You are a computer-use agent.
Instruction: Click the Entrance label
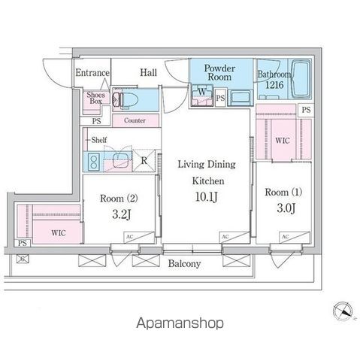pyautogui.click(x=92, y=73)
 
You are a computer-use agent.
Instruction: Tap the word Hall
pyautogui.click(x=149, y=73)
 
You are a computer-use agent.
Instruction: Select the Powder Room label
pyautogui.click(x=219, y=72)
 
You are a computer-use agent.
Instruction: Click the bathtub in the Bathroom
pyautogui.click(x=301, y=78)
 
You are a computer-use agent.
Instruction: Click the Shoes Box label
pyautogui.click(x=96, y=98)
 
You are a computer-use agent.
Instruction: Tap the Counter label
pyautogui.click(x=135, y=120)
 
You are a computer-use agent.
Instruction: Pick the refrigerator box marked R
pyautogui.click(x=144, y=161)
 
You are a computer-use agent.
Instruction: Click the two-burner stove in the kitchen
pyautogui.click(x=94, y=162)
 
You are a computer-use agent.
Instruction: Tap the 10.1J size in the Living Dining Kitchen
pyautogui.click(x=206, y=197)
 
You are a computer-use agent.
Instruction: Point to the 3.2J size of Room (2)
pyautogui.click(x=121, y=214)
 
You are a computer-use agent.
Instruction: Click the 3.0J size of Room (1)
pyautogui.click(x=286, y=208)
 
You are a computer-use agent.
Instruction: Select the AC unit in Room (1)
pyautogui.click(x=295, y=237)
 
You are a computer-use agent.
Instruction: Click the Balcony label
pyautogui.click(x=184, y=264)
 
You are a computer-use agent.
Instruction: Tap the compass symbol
pyautogui.click(x=343, y=311)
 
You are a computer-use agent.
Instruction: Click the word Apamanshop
pyautogui.click(x=180, y=323)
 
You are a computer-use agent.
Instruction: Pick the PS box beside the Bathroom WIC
pyautogui.click(x=306, y=110)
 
